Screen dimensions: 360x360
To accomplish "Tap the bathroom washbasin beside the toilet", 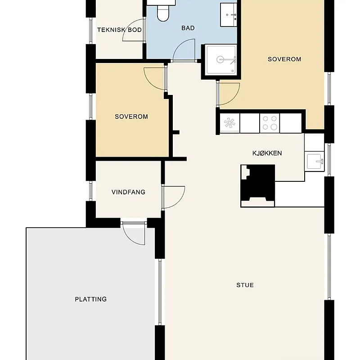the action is (x=229, y=15).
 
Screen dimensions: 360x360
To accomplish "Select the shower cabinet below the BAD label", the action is (x=221, y=60).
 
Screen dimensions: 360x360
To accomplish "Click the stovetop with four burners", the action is (x=270, y=123).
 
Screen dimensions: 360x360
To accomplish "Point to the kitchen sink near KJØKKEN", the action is (x=314, y=161).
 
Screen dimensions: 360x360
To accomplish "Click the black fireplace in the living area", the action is (x=257, y=186).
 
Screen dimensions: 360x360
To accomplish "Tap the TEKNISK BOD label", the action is (x=119, y=30).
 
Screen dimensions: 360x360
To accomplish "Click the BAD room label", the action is (x=188, y=28).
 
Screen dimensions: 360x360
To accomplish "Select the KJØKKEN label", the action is (x=267, y=153).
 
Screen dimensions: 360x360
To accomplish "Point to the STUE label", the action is (x=245, y=285).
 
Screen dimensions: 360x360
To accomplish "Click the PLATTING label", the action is (x=91, y=299).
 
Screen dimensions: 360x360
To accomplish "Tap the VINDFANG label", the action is (x=128, y=192).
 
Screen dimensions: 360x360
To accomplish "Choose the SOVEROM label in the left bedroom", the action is (x=131, y=117).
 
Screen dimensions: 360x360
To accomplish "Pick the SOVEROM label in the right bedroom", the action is (x=284, y=59).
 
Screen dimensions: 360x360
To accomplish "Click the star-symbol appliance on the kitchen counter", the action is (x=229, y=123).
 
